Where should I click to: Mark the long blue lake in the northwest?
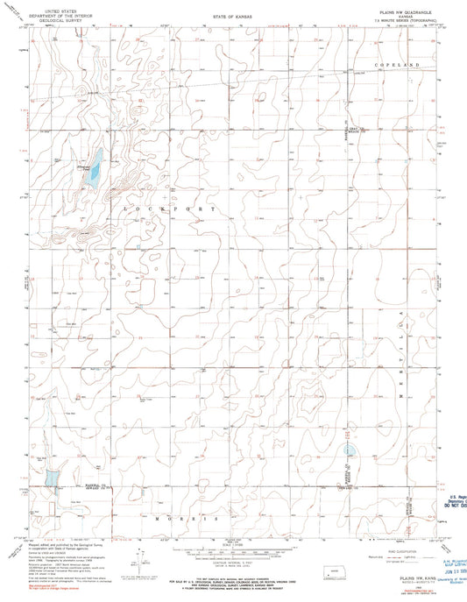coord(95,167)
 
